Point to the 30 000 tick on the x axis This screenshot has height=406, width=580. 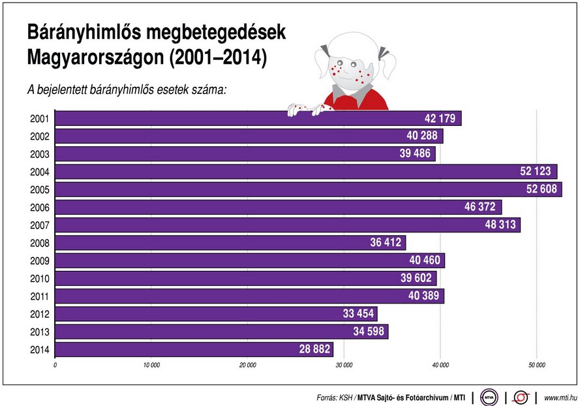(343, 365)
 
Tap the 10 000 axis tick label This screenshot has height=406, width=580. (151, 365)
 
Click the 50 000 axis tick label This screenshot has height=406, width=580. (536, 365)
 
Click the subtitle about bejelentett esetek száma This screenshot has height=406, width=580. (127, 89)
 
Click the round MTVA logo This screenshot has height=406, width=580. (489, 396)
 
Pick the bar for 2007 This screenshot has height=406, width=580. (288, 225)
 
